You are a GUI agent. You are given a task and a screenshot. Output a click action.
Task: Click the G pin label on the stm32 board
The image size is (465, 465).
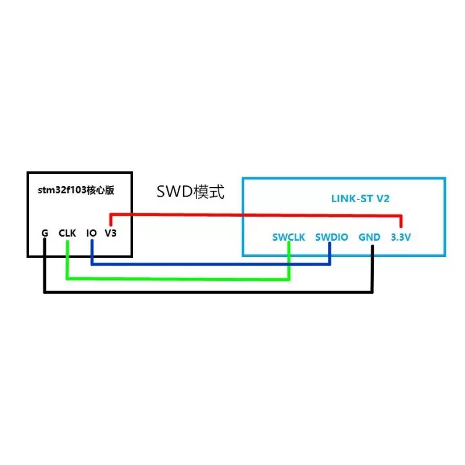45,233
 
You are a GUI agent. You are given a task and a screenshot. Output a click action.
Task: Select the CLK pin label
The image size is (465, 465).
67,233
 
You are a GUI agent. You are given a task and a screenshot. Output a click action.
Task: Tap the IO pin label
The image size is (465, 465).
91,233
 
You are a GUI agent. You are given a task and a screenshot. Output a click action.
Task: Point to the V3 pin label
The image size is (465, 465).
111,233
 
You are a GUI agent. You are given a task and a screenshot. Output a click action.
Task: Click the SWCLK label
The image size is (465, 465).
289,238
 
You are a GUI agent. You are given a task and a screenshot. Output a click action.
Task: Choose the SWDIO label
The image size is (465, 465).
331,238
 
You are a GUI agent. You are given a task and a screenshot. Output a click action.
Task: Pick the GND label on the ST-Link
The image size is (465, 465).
370,238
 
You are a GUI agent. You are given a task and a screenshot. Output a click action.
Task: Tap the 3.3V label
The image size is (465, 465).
400,238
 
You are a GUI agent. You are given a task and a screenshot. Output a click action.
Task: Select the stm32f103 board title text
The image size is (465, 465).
78,189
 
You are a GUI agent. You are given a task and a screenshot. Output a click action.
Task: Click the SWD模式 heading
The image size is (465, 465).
190,191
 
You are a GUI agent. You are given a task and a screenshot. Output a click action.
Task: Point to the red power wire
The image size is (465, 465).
256,214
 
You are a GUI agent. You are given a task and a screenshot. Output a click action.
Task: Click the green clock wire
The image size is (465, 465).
174,278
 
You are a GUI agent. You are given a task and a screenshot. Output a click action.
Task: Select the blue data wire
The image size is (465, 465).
209,264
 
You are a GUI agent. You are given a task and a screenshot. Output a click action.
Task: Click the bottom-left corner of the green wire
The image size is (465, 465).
67,278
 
